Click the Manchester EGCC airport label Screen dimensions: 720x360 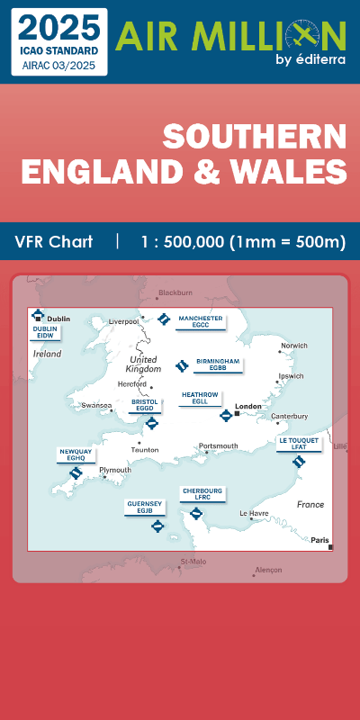tap(201, 321)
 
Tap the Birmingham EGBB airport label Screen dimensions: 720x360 tap(217, 364)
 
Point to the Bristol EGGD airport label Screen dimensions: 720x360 tap(144, 405)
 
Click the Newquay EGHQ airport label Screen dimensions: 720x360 tap(75, 454)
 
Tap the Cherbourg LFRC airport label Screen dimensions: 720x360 tap(202, 494)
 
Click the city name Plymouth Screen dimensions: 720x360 tap(115, 470)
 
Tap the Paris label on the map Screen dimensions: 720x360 tap(319, 540)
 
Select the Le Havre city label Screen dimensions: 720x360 tap(253, 513)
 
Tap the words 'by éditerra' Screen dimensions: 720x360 tap(310, 60)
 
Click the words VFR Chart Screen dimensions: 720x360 tap(53, 242)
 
